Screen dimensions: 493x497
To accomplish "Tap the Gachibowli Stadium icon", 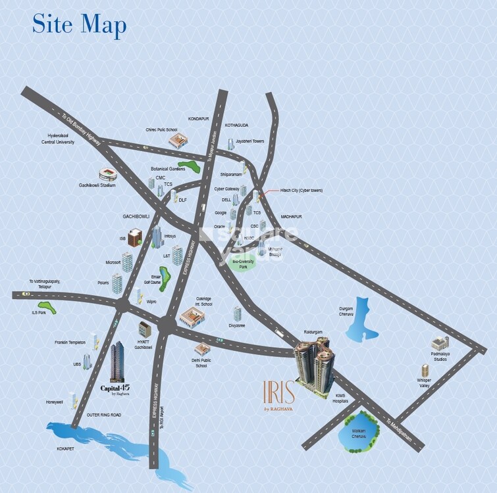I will coord(107,174).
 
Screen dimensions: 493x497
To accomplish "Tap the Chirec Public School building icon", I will coord(178,141).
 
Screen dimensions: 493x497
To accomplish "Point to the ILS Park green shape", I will coord(47,306).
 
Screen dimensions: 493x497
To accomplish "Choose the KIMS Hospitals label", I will coord(341,397).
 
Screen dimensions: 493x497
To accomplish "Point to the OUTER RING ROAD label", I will coord(104,415).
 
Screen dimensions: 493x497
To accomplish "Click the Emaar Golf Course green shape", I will coord(163,278).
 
